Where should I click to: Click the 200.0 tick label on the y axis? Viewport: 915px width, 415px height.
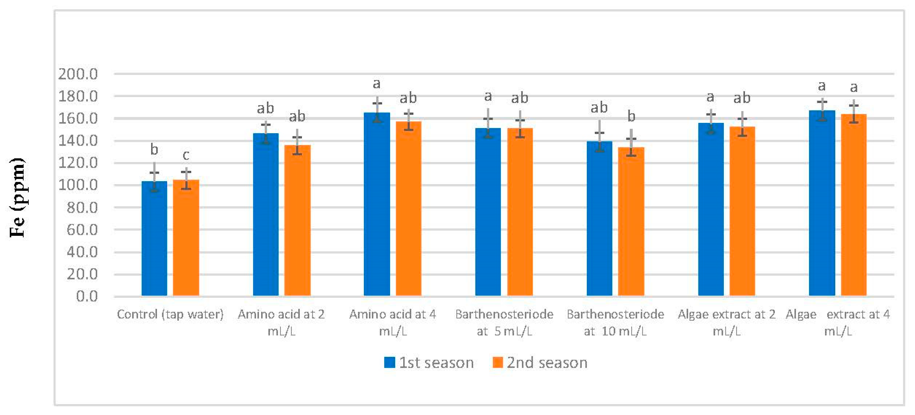click(78, 74)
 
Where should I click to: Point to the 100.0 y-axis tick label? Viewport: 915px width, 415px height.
click(78, 185)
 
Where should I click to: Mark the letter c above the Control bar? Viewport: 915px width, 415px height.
click(186, 155)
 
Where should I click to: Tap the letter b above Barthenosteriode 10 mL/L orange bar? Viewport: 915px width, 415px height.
click(631, 116)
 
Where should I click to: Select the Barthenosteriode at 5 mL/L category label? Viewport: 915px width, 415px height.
click(504, 322)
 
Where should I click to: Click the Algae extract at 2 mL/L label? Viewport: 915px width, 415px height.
click(726, 322)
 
